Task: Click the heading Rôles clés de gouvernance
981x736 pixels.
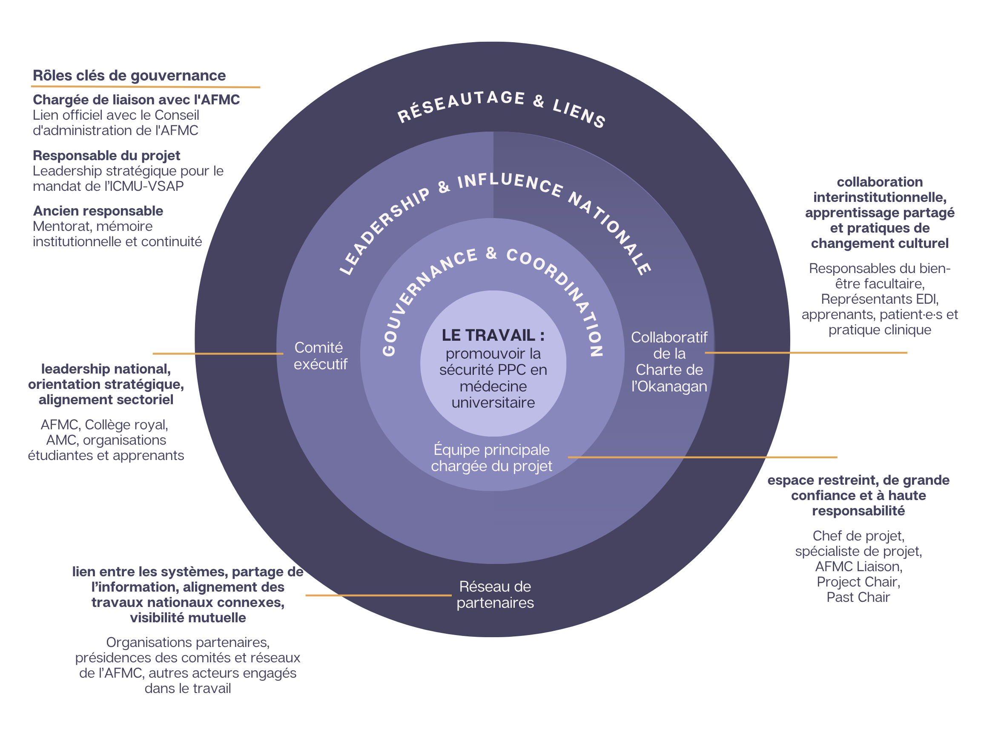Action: coord(129,76)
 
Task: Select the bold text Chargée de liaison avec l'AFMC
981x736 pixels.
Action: coord(136,100)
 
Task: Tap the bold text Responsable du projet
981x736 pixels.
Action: coord(106,156)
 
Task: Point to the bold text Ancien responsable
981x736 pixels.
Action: coord(98,211)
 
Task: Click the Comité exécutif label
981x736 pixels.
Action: coord(320,356)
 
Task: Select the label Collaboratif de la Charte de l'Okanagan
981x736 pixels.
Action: coord(669,362)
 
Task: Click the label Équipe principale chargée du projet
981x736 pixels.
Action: coord(491,458)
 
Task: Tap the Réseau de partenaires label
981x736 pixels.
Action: coord(495,595)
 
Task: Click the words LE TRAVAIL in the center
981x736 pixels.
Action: coord(488,336)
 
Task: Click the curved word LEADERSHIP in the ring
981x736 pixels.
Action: coord(384,231)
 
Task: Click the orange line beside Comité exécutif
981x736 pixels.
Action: coord(217,354)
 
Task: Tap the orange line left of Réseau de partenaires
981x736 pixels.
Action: coord(378,595)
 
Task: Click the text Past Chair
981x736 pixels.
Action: coord(858,598)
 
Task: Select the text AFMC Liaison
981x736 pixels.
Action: coord(858,567)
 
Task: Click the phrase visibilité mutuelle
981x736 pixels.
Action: coord(188,618)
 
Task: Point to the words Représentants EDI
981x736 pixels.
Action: coord(879,299)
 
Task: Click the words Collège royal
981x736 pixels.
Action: coord(126,425)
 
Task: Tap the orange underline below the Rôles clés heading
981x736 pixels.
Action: coord(146,87)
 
